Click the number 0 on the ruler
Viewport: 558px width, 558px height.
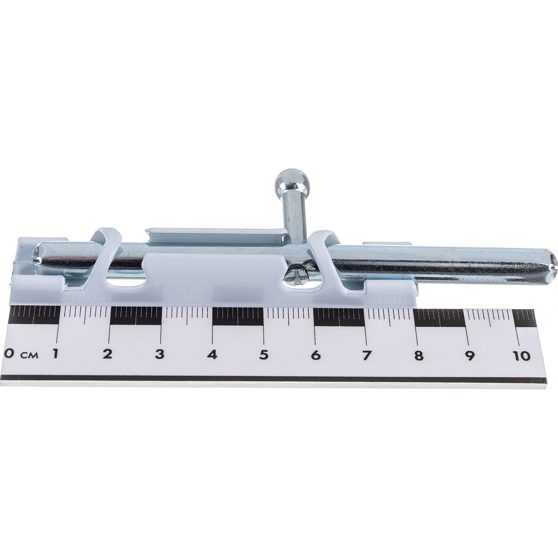point(8,354)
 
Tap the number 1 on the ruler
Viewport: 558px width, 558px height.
point(55,354)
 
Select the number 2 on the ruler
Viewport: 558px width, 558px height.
point(107,354)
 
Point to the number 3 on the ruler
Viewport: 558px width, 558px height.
point(160,354)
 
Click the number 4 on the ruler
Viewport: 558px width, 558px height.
point(212,354)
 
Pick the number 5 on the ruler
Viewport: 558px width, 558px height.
point(263,355)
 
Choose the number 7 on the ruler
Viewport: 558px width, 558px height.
point(366,355)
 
